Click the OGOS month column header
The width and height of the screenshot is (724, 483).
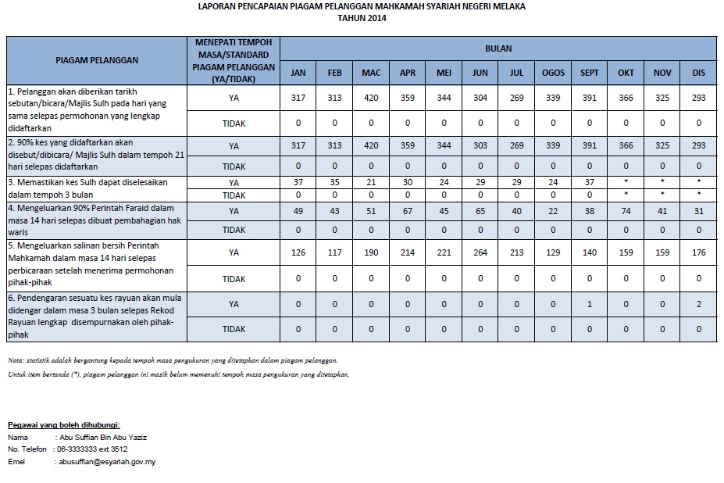coord(553,73)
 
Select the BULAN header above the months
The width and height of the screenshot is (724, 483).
coord(498,48)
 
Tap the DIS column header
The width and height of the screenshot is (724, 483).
coord(698,73)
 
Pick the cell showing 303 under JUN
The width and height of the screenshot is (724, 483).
coord(480,145)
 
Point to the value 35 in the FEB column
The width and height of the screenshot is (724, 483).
coord(334,181)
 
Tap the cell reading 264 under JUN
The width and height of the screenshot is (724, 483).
coord(480,252)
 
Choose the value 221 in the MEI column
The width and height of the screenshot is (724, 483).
coord(444,252)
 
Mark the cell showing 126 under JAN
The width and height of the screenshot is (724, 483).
coord(298,252)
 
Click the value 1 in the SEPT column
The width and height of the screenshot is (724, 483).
coord(590,303)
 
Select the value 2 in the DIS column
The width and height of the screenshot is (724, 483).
coord(698,303)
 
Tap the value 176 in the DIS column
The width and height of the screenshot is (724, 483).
coord(698,252)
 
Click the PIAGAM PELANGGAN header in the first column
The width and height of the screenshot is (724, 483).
coord(96,59)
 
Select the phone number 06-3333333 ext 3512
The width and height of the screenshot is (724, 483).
coord(92,449)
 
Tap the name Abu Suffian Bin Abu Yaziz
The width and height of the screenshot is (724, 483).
coord(102,438)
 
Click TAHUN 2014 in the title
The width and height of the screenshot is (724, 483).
coord(362,18)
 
